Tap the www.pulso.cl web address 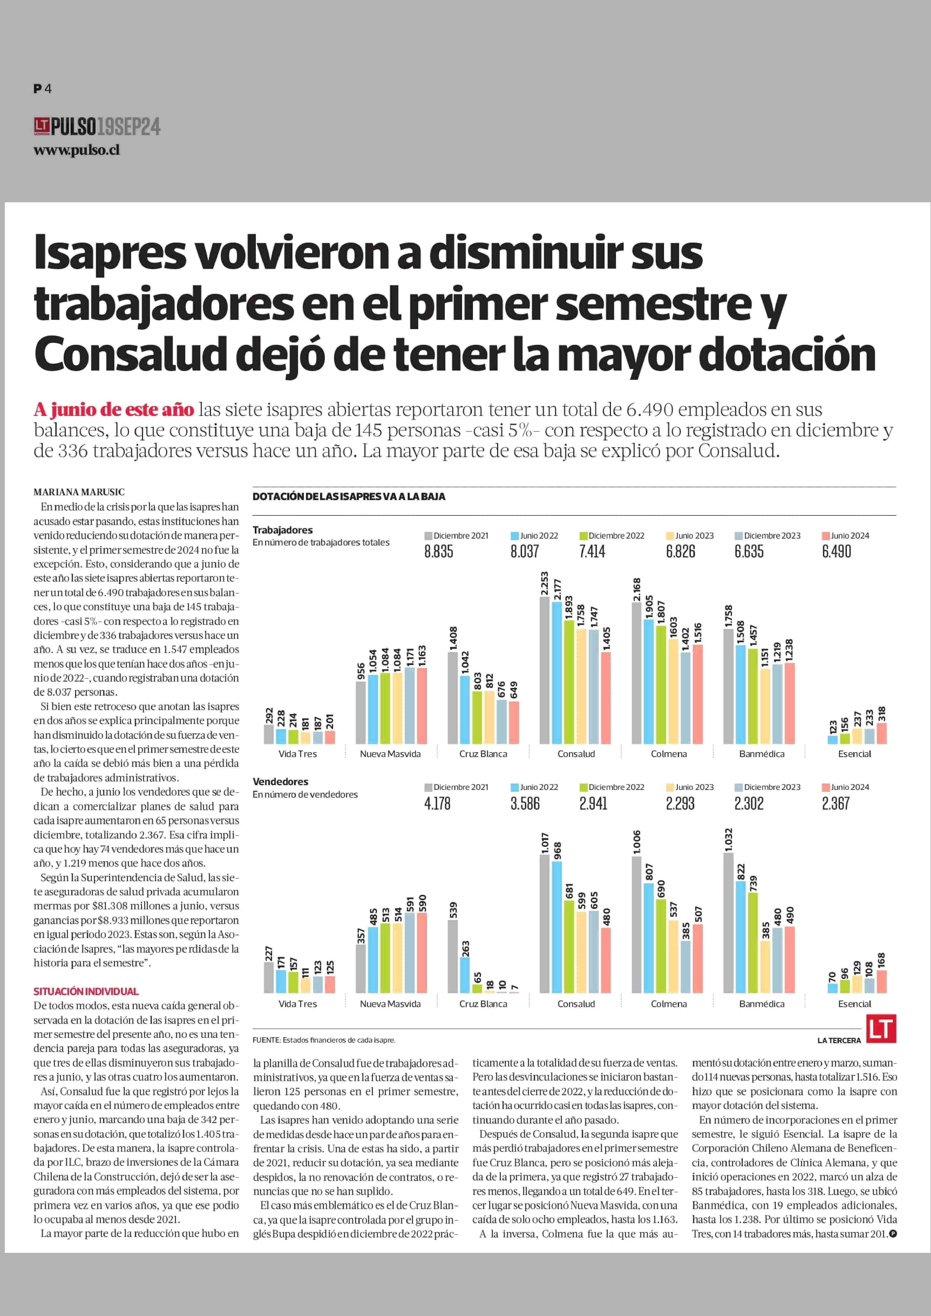77,150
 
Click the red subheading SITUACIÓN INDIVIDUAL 86,991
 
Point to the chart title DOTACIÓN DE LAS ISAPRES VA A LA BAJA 348,497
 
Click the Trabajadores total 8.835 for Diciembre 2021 438,552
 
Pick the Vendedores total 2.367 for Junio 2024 836,803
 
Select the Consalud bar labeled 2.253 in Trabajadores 544,670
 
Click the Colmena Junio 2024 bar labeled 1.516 698,694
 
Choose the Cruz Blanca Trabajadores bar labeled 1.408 452,698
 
